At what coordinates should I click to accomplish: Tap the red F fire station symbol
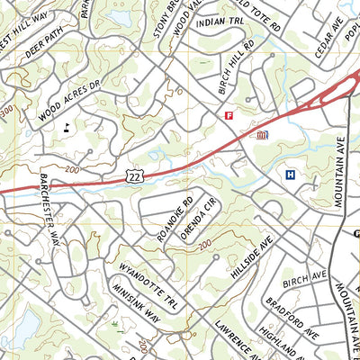point(229,115)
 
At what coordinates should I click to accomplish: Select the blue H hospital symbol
point(290,175)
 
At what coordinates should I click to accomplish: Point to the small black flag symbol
point(67,128)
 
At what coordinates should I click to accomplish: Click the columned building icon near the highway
point(262,135)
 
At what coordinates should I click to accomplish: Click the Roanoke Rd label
point(175,219)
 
